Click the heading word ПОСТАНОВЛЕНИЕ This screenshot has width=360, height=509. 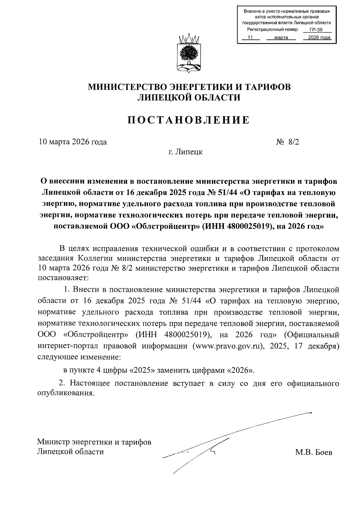(189, 120)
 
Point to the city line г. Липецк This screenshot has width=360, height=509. (185, 152)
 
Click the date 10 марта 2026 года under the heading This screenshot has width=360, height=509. (73, 142)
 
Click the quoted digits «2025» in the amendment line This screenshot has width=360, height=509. (142, 370)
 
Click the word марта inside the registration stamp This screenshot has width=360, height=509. (281, 38)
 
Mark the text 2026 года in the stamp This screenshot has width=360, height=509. (317, 38)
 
